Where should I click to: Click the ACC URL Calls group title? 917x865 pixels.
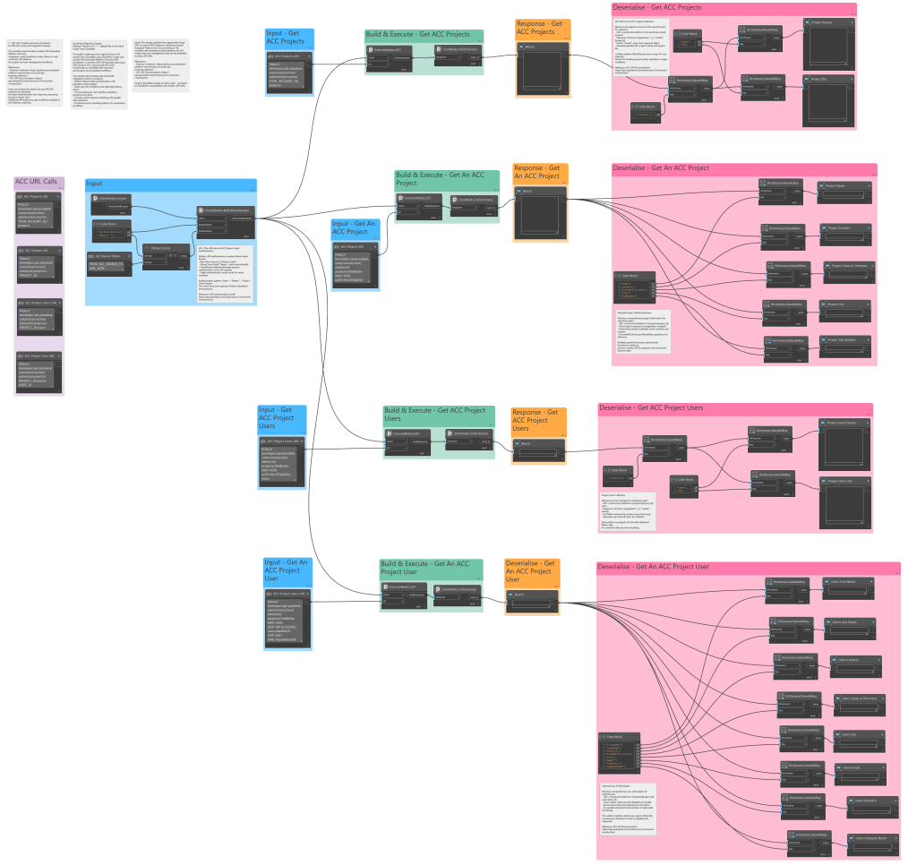coord(37,182)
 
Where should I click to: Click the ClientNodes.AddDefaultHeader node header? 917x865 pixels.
coord(225,211)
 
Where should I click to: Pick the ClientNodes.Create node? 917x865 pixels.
coord(114,199)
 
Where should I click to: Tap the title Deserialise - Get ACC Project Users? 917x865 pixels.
coord(650,407)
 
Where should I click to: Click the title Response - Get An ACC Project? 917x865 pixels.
coord(537,171)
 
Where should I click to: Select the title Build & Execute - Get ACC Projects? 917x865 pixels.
coord(417,34)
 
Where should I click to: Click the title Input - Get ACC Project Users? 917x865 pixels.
coord(277,418)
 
